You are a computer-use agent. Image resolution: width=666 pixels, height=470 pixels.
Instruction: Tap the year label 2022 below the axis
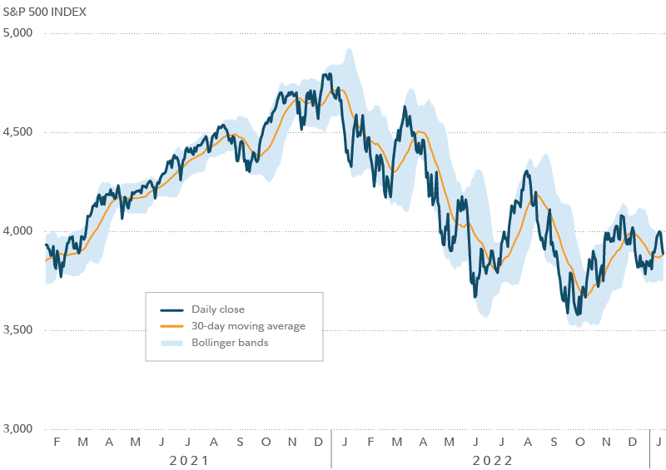(491, 459)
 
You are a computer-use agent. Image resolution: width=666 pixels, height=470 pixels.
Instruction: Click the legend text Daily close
(218, 309)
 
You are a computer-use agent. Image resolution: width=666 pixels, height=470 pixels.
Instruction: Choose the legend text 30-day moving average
(248, 326)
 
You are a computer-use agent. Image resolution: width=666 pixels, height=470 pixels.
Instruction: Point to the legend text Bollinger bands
(230, 343)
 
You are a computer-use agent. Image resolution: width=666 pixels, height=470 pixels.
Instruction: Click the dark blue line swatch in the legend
(168, 309)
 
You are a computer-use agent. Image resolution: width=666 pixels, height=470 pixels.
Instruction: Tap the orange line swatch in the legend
(168, 326)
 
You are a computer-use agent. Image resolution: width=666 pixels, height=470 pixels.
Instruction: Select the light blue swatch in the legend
(168, 343)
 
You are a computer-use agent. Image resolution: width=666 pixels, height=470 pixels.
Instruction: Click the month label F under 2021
(57, 440)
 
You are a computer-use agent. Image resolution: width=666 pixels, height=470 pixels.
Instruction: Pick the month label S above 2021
(240, 440)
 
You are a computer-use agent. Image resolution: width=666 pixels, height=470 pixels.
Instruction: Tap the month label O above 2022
(580, 440)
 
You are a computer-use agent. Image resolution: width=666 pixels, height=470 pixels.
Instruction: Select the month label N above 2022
(606, 440)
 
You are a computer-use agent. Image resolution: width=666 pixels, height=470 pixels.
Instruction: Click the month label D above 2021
(318, 440)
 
